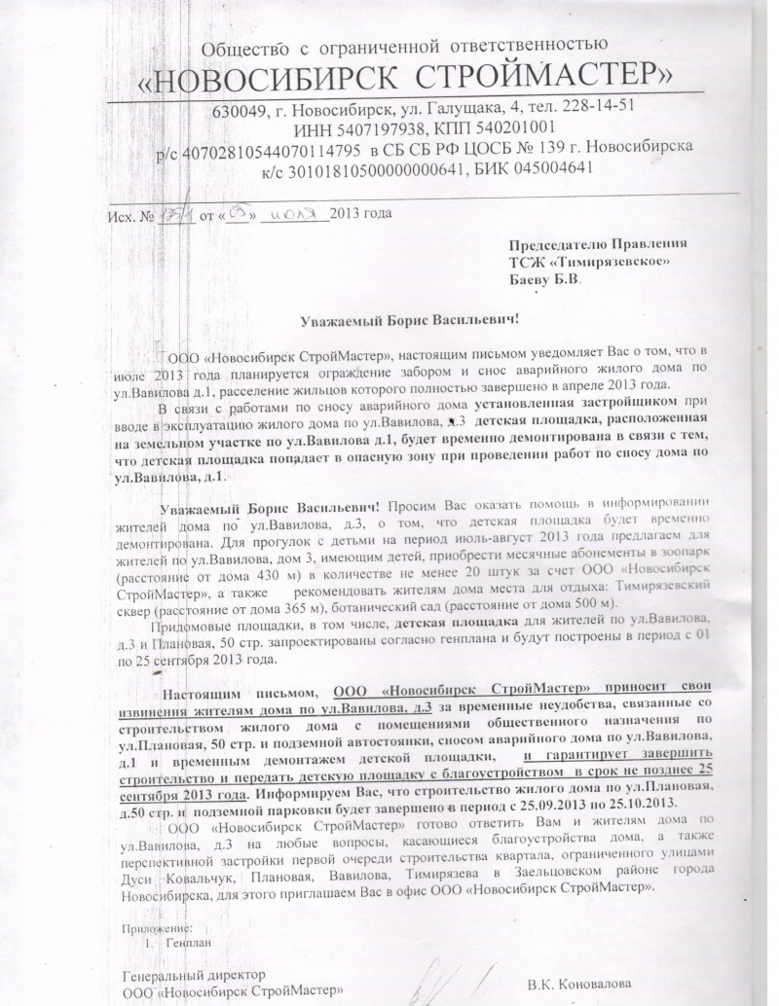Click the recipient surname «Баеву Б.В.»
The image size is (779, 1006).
tap(545, 279)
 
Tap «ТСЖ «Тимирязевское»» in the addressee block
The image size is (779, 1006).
tap(589, 261)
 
